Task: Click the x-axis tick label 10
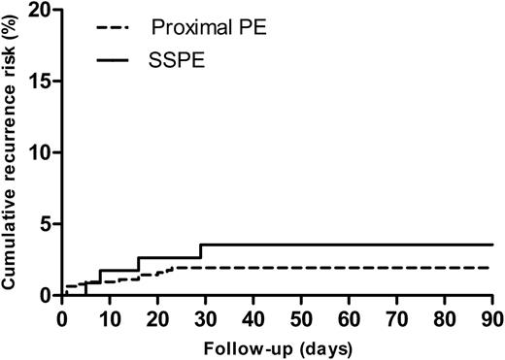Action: point(110,314)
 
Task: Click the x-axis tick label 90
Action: point(492,314)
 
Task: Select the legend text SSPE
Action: point(171,61)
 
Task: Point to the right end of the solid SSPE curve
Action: point(492,245)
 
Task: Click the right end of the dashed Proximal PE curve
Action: point(492,267)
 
